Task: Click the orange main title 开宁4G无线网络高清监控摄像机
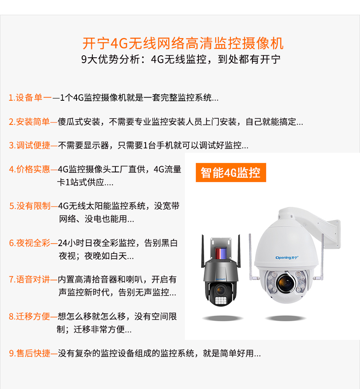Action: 183,43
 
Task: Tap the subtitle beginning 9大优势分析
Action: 181,59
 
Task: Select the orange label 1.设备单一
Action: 30,97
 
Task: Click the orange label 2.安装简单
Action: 29,122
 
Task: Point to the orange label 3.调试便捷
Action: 29,145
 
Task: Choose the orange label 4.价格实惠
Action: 29,169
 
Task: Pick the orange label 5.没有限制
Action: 30,206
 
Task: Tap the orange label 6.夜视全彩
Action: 29,243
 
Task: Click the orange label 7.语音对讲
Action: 29,280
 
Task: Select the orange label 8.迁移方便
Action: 29,317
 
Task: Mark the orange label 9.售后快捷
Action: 29,353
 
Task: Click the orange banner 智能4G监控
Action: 231,172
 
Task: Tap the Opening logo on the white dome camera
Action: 287,258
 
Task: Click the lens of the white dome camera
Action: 286,283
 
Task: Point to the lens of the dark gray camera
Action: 220,290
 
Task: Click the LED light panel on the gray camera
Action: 220,300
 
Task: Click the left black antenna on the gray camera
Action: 202,251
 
